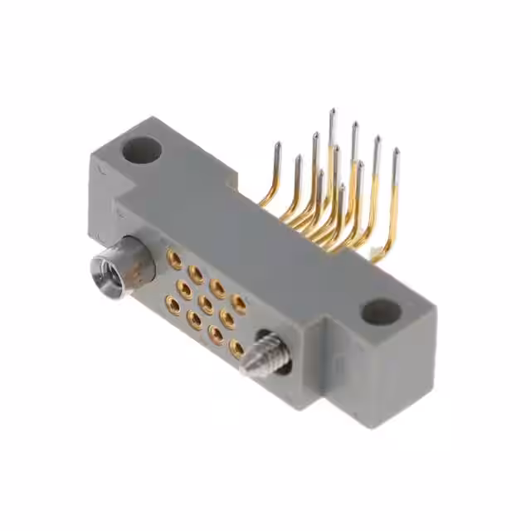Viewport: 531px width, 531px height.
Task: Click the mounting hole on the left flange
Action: pos(142,151)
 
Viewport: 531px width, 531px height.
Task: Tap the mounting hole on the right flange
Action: pos(381,312)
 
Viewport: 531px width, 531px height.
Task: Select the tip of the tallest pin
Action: pos(331,111)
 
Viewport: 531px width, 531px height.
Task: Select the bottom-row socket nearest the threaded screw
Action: pos(237,348)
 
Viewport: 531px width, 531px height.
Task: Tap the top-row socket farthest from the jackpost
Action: pos(238,304)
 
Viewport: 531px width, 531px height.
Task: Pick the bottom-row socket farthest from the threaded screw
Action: pos(173,306)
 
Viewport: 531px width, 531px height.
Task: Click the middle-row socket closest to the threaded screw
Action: pos(227,320)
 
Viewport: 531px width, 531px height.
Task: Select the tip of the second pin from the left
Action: pos(297,158)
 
